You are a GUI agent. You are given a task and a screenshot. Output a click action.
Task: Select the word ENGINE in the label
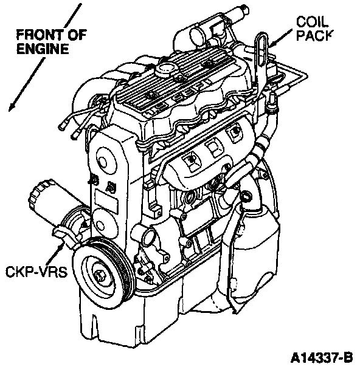[x=43, y=49]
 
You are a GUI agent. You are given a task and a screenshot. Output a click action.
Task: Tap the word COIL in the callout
[x=312, y=22]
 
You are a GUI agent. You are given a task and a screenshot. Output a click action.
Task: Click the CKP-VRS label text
[x=36, y=272]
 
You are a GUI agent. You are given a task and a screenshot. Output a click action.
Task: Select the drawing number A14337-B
[x=322, y=358]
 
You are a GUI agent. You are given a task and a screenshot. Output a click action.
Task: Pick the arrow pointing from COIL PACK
[x=280, y=38]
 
